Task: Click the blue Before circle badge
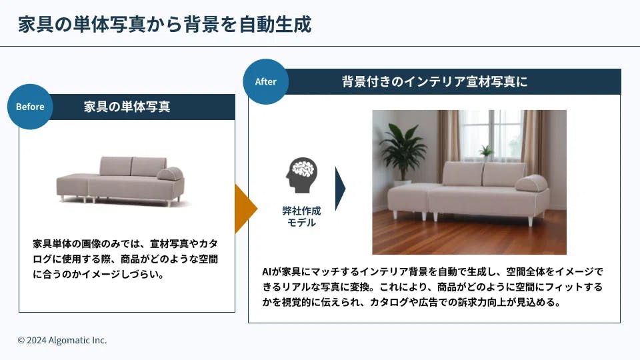30,107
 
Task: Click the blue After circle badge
266,81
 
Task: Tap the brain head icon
301,175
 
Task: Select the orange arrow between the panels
246,209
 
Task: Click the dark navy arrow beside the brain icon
340,189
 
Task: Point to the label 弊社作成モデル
301,216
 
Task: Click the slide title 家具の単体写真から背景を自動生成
165,24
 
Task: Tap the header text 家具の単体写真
127,107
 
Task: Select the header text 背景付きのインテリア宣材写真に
434,81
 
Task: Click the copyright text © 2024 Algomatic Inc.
62,340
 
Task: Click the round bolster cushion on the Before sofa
170,173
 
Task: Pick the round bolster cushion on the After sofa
531,183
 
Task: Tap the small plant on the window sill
486,152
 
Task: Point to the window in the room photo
491,135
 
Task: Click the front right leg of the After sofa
531,220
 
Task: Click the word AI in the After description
267,272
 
